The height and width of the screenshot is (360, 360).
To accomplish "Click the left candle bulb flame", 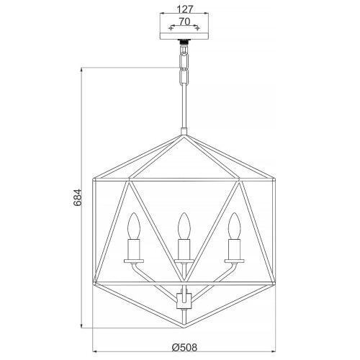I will click(x=132, y=226).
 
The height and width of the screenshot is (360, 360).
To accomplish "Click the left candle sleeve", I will click(x=132, y=249).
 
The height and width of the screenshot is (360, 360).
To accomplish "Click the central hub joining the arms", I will click(x=183, y=296).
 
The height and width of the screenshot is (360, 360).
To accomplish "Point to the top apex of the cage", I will click(x=183, y=133).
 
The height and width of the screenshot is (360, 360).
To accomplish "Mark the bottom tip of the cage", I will click(x=183, y=321).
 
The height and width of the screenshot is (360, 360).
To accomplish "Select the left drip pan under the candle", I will click(x=132, y=261).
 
